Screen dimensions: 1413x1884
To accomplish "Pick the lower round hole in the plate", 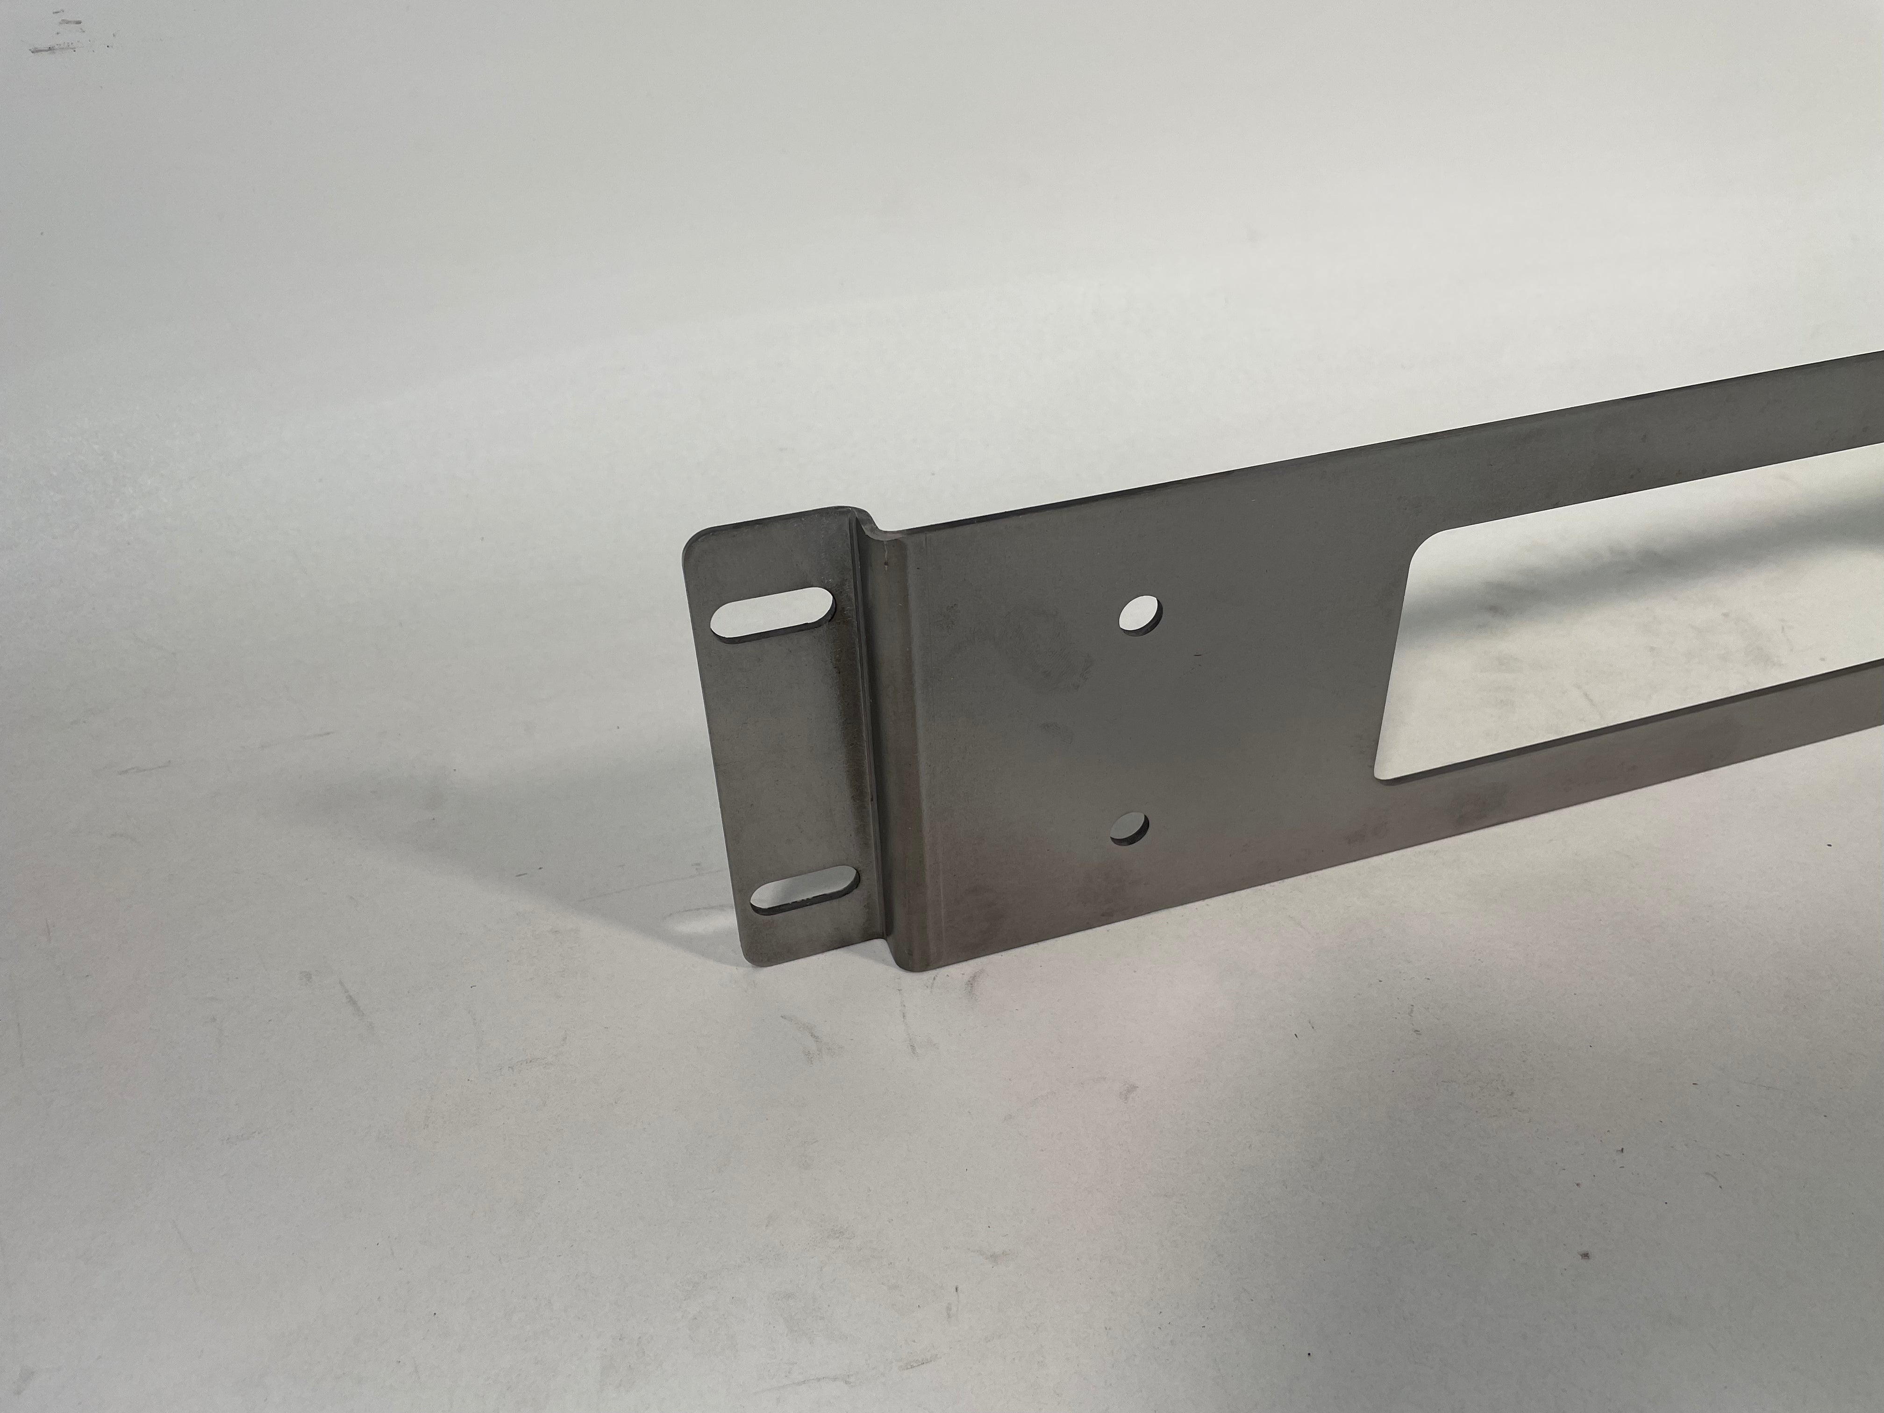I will click(1130, 827).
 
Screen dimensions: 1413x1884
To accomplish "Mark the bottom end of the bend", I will click(894, 963).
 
